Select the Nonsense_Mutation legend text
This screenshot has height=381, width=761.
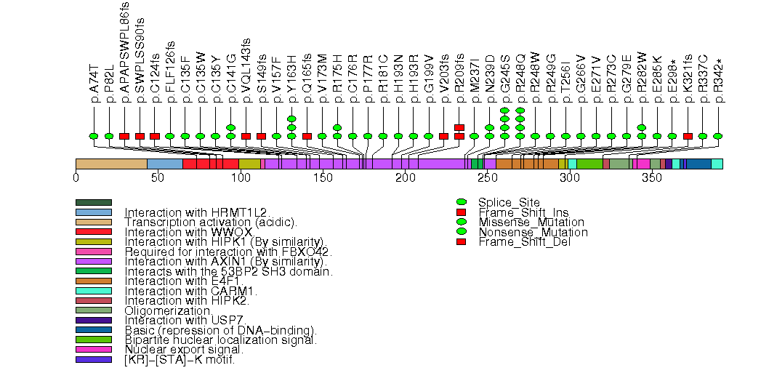coord(533,232)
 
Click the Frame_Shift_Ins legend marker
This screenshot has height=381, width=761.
coord(461,212)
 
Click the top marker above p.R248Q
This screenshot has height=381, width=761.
coord(520,111)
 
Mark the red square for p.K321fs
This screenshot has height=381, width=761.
coord(688,136)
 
